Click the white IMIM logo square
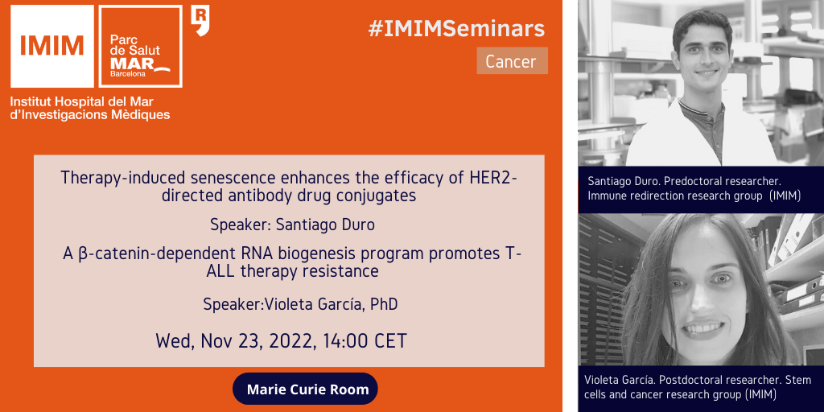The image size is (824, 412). [52, 46]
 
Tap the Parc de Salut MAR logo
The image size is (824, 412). [140, 46]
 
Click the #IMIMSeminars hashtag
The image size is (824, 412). [456, 29]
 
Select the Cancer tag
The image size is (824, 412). [512, 61]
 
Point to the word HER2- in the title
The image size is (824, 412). [492, 178]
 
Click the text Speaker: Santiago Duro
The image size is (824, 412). [293, 225]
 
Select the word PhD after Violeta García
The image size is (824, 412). [384, 304]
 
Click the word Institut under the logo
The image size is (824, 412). [28, 101]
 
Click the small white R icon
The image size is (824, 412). [200, 20]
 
